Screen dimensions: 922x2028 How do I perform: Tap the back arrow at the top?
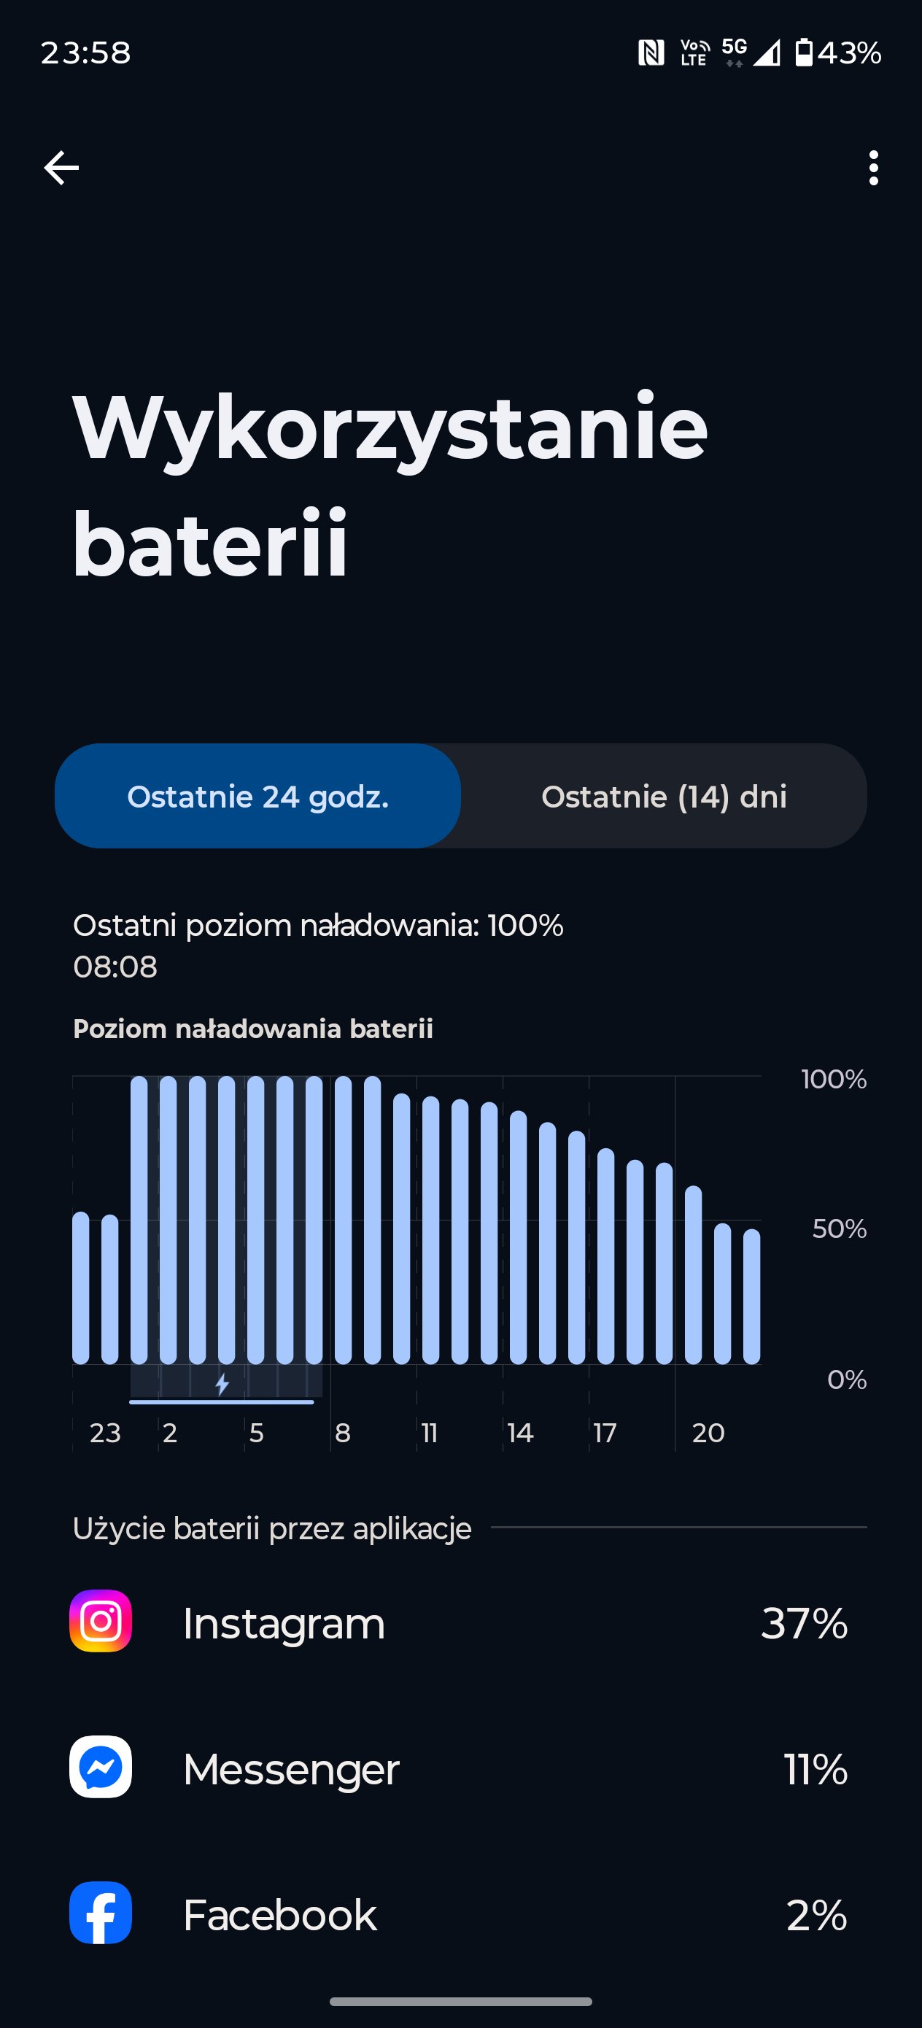[x=61, y=168]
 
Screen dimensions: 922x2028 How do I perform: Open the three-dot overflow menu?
[x=873, y=168]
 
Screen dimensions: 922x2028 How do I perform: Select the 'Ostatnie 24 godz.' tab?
[x=257, y=796]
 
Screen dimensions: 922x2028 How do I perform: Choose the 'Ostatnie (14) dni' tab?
[x=664, y=796]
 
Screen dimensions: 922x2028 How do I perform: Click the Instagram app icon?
[x=101, y=1620]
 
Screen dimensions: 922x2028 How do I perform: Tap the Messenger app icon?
[x=101, y=1767]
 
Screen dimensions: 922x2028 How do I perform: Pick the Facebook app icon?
[x=101, y=1912]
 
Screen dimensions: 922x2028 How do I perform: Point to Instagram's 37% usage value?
[x=804, y=1622]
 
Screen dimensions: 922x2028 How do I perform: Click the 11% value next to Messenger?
[x=816, y=1769]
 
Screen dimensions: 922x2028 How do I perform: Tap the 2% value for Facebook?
[x=817, y=1915]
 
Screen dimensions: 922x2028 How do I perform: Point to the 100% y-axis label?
[x=834, y=1078]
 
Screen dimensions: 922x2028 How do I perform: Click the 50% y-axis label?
[x=840, y=1228]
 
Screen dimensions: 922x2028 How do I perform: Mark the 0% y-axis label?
[x=846, y=1379]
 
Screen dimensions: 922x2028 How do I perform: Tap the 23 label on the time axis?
[x=105, y=1433]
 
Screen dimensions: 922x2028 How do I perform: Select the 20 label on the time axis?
[x=708, y=1433]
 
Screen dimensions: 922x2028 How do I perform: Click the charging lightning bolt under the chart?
[x=222, y=1384]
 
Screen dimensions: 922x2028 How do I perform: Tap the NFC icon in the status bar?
[x=651, y=53]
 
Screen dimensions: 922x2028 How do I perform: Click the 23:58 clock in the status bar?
[x=86, y=53]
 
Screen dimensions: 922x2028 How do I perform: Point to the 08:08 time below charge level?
[x=115, y=967]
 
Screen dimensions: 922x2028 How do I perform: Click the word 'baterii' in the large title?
[x=209, y=543]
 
